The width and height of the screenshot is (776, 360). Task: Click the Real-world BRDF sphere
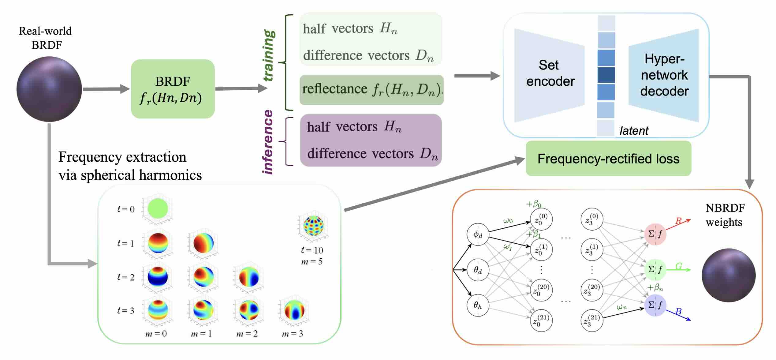coord(49,89)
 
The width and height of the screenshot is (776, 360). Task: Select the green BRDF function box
coord(173,89)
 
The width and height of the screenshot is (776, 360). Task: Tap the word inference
coord(268,142)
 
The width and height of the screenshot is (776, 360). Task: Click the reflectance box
coord(371,90)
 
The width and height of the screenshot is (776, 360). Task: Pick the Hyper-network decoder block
coord(664,75)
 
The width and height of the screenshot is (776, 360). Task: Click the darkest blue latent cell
coord(606,75)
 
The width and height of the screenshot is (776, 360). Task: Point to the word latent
coord(634,131)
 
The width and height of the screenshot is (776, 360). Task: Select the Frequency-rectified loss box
coord(608,159)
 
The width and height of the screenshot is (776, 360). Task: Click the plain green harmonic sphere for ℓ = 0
coord(158,209)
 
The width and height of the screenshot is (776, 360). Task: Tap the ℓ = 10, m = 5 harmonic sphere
coord(313,226)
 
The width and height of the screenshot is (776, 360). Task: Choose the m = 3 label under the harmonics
coord(292,334)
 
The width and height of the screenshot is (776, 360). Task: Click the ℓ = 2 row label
coord(126,277)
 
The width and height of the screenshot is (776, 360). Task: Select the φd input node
coord(478,234)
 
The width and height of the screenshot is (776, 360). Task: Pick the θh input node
coord(478,305)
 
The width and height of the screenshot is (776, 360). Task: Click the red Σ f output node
coord(655,234)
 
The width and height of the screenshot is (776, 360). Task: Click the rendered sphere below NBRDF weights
coord(728,275)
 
